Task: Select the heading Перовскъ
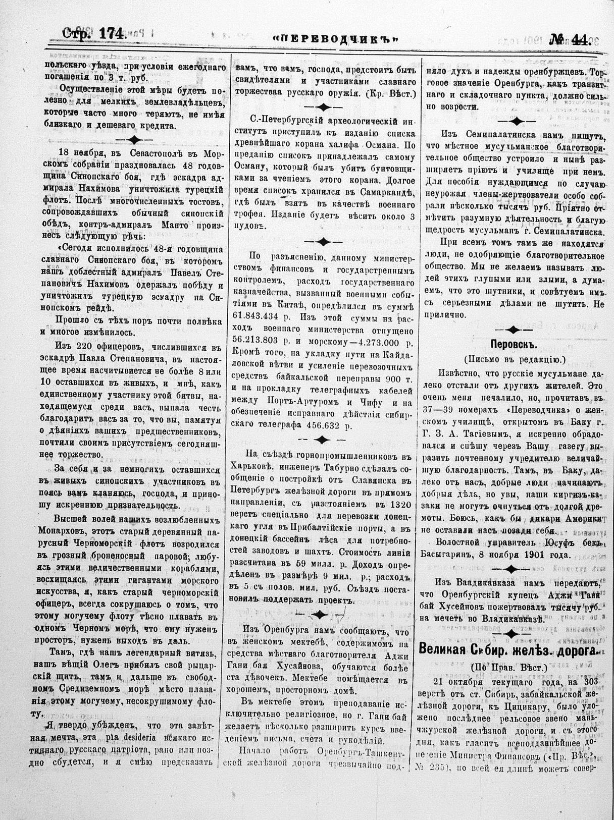pos(514,344)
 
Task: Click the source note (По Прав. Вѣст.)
pos(509,667)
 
